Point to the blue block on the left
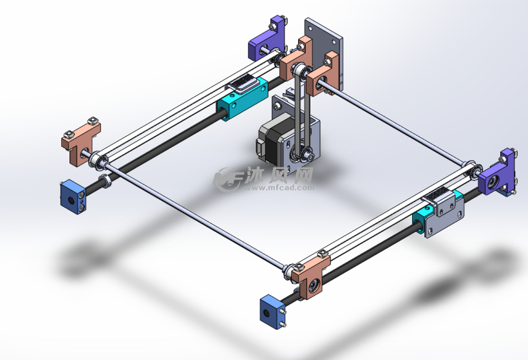72,198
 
